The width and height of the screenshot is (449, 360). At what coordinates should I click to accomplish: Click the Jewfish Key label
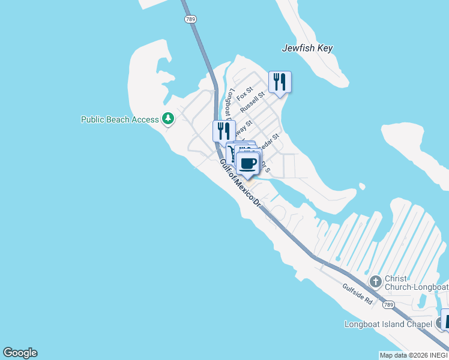307,48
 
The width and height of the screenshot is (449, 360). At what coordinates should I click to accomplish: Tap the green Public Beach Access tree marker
168,119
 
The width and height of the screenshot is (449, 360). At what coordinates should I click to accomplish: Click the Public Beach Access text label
120,119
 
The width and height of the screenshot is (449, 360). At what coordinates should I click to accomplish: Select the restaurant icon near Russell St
280,82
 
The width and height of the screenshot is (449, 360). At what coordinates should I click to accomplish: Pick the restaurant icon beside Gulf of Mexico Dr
224,131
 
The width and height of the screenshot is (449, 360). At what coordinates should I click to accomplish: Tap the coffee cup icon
249,163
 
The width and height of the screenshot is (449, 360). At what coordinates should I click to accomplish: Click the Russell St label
253,103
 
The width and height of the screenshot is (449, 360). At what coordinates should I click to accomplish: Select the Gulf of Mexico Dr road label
240,182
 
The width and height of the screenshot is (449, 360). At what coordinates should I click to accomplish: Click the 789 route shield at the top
190,19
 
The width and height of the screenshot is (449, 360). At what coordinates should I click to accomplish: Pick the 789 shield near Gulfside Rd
389,305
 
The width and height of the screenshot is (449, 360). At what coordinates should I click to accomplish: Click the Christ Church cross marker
375,281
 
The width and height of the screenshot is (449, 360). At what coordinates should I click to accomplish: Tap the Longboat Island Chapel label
388,325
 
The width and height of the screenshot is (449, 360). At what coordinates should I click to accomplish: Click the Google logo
20,353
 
